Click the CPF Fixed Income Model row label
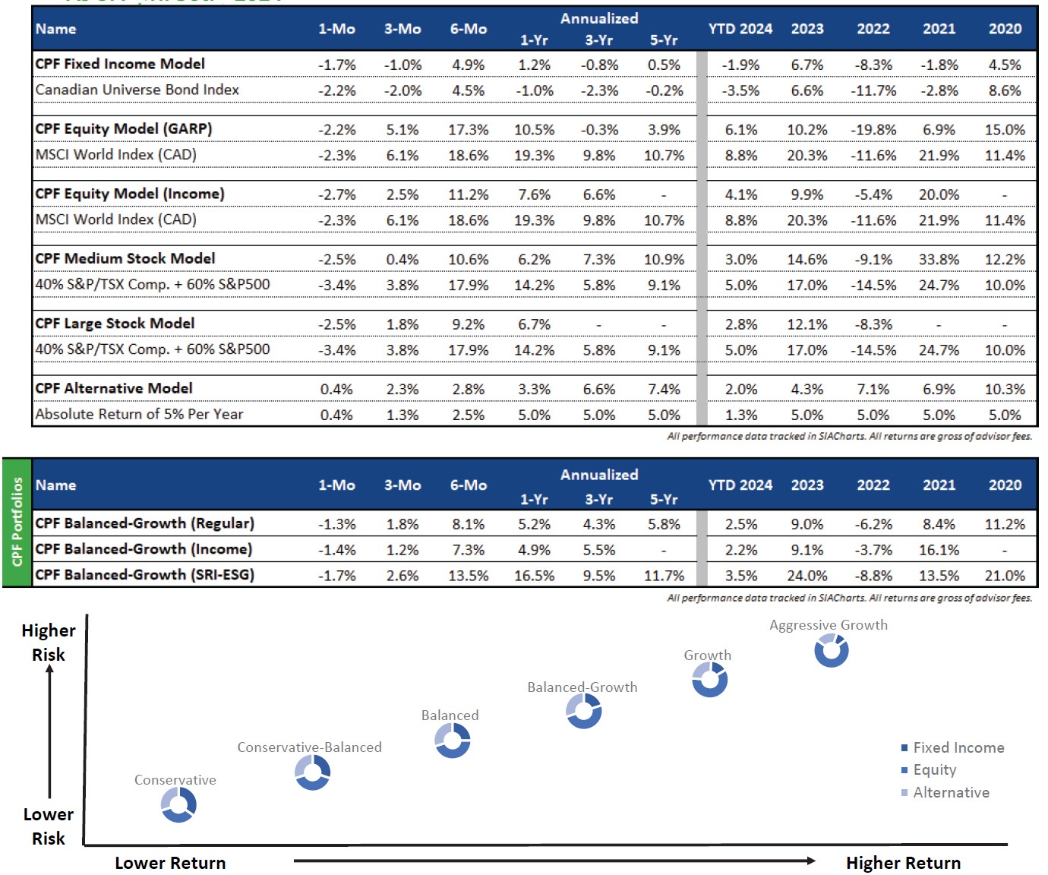click(120, 64)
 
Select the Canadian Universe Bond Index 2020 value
click(1004, 90)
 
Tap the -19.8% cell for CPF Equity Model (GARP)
click(873, 130)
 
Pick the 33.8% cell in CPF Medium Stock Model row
click(939, 260)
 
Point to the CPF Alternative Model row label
click(114, 388)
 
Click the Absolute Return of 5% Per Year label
click(139, 415)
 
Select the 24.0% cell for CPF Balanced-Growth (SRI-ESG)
click(807, 576)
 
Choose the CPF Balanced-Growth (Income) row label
click(144, 549)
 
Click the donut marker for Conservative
click(179, 804)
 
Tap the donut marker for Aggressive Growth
click(831, 650)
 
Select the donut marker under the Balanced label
click(453, 741)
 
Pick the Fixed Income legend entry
click(958, 748)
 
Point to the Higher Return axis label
click(903, 864)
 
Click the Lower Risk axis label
click(49, 826)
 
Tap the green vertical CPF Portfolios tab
click(17, 522)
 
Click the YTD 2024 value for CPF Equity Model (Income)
click(740, 195)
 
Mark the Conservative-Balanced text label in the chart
click(309, 747)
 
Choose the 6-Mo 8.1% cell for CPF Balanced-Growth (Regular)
click(468, 525)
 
